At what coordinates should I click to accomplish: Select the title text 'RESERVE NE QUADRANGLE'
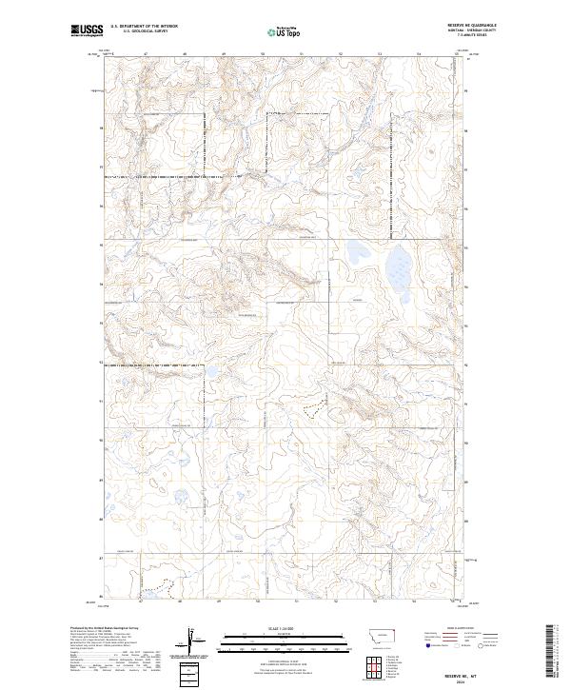click(478, 26)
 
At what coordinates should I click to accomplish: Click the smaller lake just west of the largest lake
click(360, 254)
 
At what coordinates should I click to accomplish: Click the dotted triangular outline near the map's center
click(312, 405)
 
